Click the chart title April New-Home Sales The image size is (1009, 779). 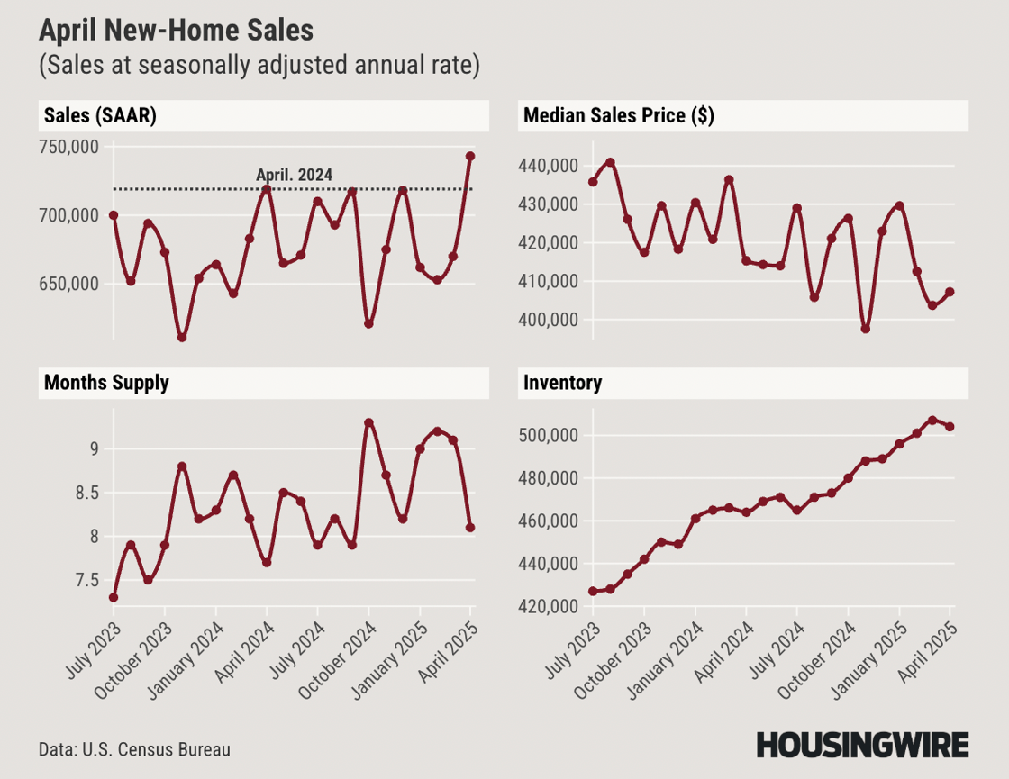(x=176, y=31)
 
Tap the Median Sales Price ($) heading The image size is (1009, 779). (x=618, y=115)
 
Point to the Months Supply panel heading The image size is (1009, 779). (x=105, y=383)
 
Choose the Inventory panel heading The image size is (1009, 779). (x=562, y=383)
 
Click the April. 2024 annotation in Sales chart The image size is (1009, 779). (x=295, y=176)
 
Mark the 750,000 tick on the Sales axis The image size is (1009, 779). (x=70, y=147)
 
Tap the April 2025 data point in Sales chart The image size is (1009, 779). (x=470, y=156)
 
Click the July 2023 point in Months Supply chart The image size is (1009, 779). (x=114, y=597)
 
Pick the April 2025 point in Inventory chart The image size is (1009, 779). (x=950, y=427)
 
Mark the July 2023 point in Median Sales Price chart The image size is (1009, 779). (x=593, y=182)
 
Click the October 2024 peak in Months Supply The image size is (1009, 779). (x=368, y=422)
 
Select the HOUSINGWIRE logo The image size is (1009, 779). (x=862, y=745)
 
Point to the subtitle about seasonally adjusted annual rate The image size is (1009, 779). (x=259, y=67)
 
